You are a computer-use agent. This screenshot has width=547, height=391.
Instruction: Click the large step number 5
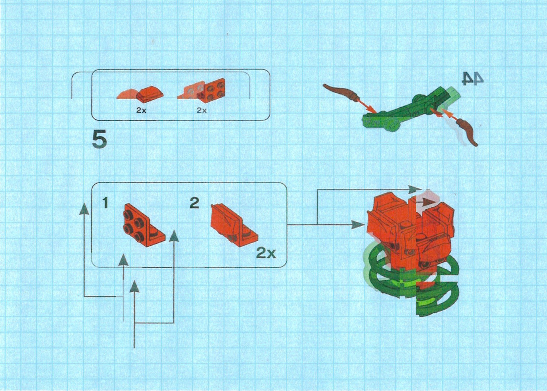click(99, 140)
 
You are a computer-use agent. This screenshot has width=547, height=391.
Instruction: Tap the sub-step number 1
click(105, 203)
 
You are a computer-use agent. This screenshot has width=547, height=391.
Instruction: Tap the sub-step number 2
click(195, 203)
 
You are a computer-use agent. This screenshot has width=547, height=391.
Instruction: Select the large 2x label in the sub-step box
click(266, 253)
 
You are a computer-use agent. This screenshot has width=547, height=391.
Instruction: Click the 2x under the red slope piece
click(141, 110)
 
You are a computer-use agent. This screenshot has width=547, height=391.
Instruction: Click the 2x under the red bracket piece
click(202, 110)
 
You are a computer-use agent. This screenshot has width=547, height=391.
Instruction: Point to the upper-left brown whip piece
click(341, 93)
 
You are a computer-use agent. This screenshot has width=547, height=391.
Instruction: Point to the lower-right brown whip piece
click(467, 132)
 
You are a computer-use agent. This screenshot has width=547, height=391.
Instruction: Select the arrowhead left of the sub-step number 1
click(84, 209)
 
